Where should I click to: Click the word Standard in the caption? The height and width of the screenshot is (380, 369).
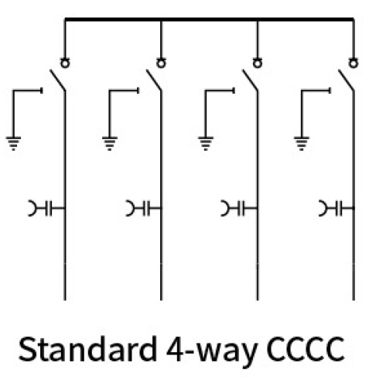tap(87, 348)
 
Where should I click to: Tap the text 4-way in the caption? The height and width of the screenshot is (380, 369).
tap(211, 351)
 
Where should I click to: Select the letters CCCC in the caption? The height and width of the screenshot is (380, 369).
tap(306, 349)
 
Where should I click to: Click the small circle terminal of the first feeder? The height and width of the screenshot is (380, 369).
tap(65, 63)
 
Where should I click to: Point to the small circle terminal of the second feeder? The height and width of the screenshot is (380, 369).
tap(161, 63)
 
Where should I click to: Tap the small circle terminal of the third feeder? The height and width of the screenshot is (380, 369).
tap(258, 63)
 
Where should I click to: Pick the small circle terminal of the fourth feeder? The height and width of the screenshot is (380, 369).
tap(354, 63)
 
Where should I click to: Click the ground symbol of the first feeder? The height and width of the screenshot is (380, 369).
tap(13, 143)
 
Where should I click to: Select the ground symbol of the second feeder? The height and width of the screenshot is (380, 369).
tap(110, 143)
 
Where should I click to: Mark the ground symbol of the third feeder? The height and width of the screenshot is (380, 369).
tap(206, 143)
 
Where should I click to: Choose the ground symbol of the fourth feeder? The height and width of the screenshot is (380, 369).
tap(302, 143)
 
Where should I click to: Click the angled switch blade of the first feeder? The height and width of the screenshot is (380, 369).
tap(57, 80)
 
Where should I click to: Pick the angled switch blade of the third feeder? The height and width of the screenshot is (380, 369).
tap(250, 80)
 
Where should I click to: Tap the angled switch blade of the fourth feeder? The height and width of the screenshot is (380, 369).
tap(347, 80)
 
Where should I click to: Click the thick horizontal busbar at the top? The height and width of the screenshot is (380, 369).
tap(209, 19)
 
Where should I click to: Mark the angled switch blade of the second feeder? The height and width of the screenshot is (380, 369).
tap(154, 80)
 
